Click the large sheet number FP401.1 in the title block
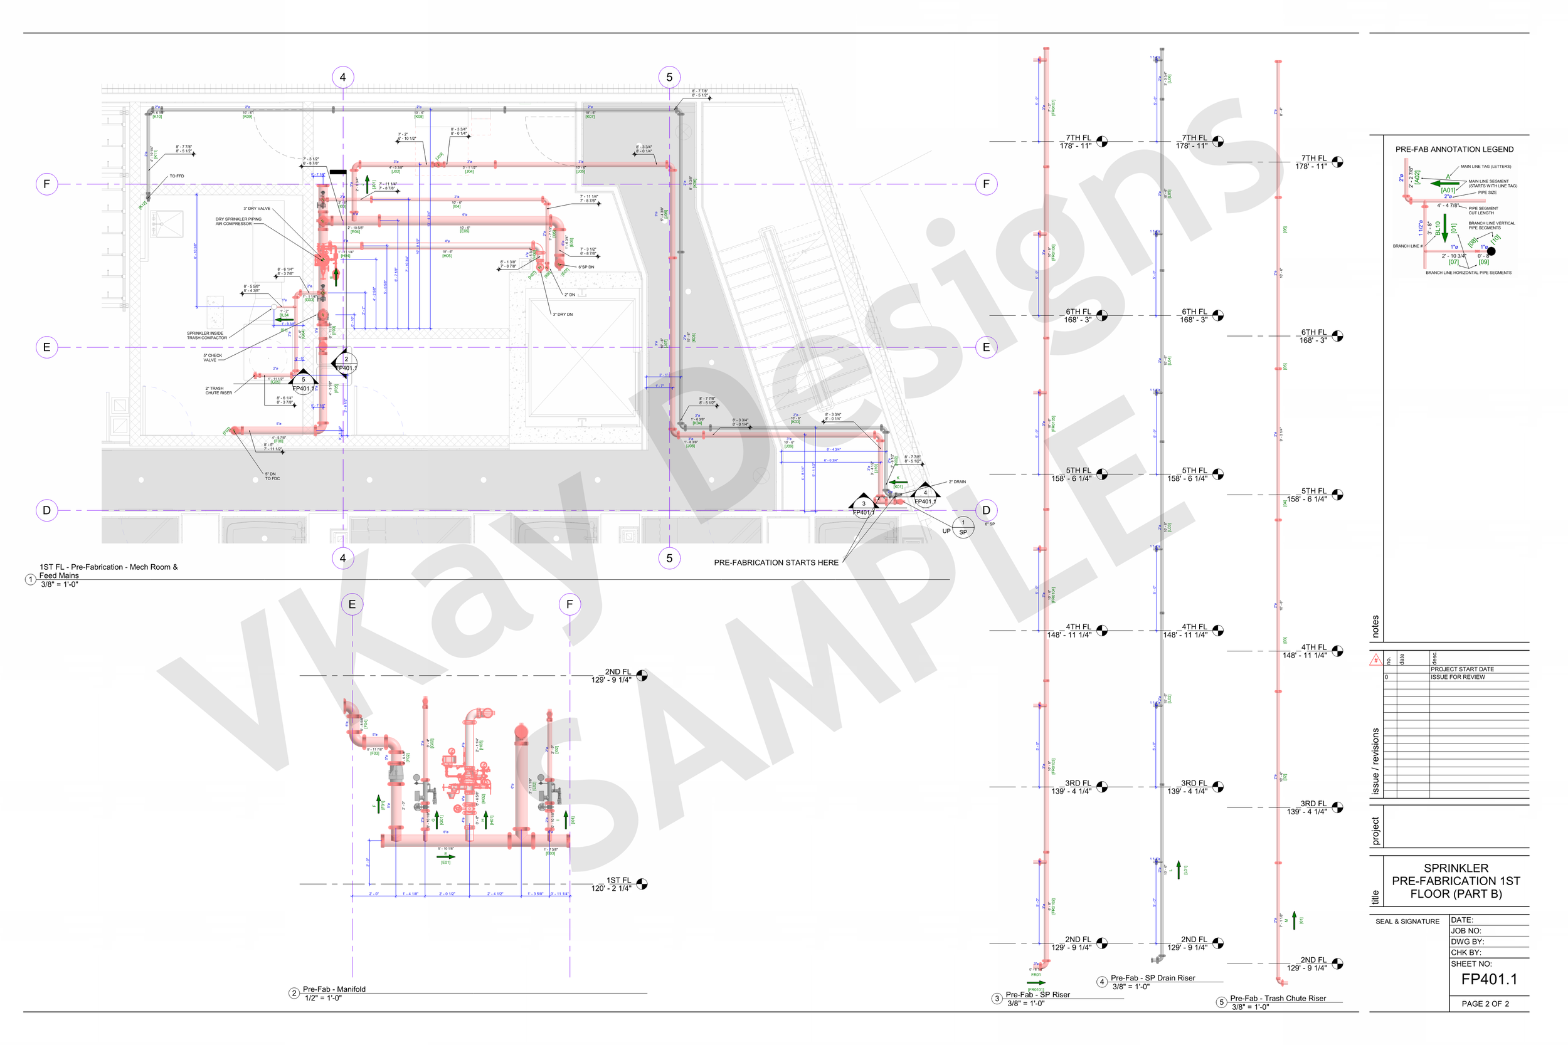click(1489, 979)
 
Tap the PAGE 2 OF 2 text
click(1485, 1004)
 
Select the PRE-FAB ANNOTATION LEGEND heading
click(1454, 149)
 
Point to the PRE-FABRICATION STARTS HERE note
click(776, 562)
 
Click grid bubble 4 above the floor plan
click(342, 77)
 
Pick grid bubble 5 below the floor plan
click(669, 559)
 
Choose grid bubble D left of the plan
click(46, 510)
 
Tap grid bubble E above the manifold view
click(352, 604)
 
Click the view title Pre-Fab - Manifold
click(334, 989)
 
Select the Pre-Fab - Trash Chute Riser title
click(1278, 999)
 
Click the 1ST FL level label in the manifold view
click(618, 880)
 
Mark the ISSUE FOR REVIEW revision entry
click(1458, 677)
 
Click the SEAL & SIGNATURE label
click(1407, 922)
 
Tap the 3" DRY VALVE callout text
click(257, 209)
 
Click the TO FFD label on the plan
click(177, 177)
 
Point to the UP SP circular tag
click(963, 527)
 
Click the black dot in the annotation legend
click(1491, 251)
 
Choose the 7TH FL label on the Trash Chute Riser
click(1313, 159)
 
